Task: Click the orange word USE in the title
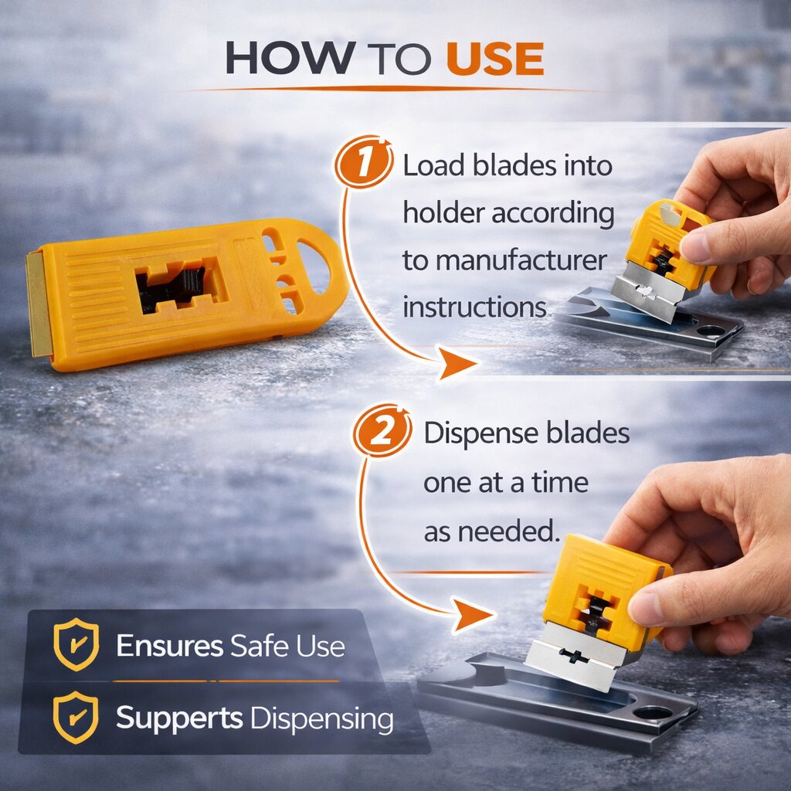495,58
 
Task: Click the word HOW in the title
290,58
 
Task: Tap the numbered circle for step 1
364,161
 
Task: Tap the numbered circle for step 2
382,430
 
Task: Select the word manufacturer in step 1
521,261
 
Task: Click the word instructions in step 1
474,307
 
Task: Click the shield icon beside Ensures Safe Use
76,644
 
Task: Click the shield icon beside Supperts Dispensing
76,717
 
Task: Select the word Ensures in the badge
169,645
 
